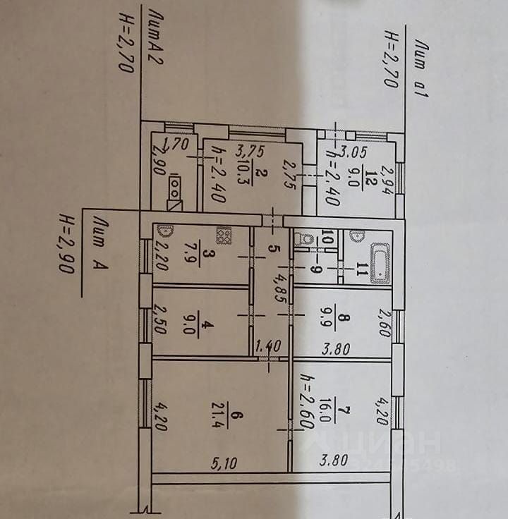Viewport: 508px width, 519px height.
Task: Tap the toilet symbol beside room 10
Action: (x=305, y=239)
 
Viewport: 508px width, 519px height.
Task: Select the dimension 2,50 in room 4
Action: (x=159, y=322)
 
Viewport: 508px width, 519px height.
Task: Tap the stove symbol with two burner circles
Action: (x=174, y=187)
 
